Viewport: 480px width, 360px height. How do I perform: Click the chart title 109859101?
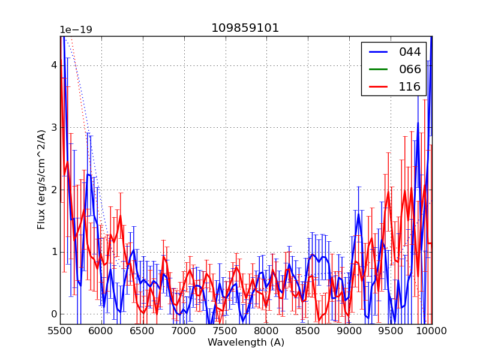pyautogui.click(x=245, y=28)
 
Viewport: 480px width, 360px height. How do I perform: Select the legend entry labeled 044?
pyautogui.click(x=410, y=52)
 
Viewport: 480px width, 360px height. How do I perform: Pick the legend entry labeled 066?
pyautogui.click(x=410, y=69)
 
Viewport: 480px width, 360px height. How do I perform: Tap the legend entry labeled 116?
pyautogui.click(x=410, y=86)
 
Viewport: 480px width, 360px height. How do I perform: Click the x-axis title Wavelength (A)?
pyautogui.click(x=246, y=343)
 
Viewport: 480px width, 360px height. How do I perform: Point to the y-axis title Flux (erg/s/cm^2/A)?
pyautogui.click(x=41, y=179)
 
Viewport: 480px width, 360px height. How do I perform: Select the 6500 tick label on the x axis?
pyautogui.click(x=143, y=331)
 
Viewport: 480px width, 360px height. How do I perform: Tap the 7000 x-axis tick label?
pyautogui.click(x=184, y=331)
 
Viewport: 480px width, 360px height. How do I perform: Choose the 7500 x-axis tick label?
pyautogui.click(x=226, y=331)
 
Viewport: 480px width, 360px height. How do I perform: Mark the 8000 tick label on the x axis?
pyautogui.click(x=266, y=331)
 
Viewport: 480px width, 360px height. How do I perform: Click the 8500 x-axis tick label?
pyautogui.click(x=308, y=331)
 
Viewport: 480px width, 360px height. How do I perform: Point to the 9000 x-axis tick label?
pyautogui.click(x=349, y=331)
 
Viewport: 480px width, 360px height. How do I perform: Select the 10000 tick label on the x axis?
pyautogui.click(x=431, y=331)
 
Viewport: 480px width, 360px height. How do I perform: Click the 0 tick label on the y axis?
pyautogui.click(x=53, y=314)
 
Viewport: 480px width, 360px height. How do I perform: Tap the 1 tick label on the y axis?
pyautogui.click(x=53, y=252)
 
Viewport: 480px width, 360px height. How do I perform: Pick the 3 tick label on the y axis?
pyautogui.click(x=53, y=127)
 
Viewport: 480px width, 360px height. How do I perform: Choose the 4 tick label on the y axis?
pyautogui.click(x=53, y=65)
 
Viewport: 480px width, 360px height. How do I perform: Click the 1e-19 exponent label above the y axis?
pyautogui.click(x=76, y=30)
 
